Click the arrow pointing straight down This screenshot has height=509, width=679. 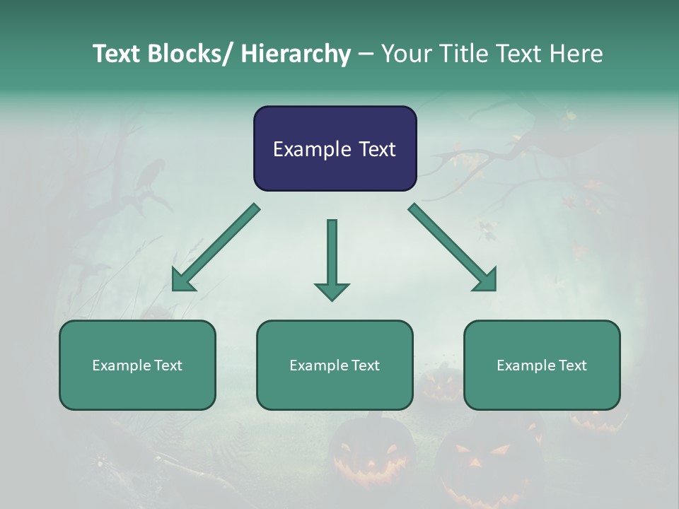(x=332, y=258)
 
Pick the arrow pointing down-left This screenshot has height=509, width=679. (x=216, y=247)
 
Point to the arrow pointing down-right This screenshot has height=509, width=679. (x=453, y=247)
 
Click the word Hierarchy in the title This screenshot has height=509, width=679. (x=295, y=54)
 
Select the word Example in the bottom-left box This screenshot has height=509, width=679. (x=122, y=365)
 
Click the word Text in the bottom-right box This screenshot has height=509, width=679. (x=572, y=365)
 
